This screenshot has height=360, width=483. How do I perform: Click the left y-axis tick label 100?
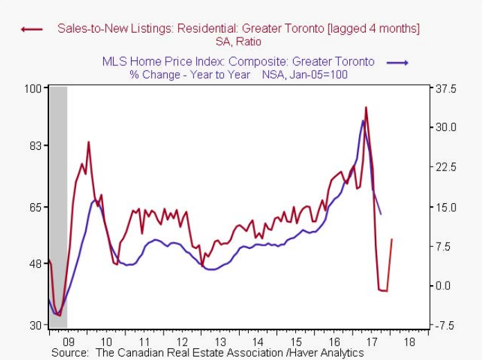point(33,89)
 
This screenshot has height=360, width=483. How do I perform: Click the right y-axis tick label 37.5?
point(444,89)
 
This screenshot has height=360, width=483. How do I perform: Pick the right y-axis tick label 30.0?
point(444,128)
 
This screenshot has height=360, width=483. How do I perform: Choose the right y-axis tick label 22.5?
point(444,167)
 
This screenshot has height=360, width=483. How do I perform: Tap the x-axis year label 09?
point(67,342)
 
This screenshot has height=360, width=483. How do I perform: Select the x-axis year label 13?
point(220,342)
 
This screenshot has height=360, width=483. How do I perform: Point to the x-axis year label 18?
point(409,342)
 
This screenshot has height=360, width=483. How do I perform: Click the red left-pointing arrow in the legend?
point(32,29)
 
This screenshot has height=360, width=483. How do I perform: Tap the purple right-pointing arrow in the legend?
point(398,62)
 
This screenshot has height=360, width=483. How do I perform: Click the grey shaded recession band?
point(58,208)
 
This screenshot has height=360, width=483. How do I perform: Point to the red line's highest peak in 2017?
point(366,108)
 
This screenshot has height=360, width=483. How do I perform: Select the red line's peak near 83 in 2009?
point(88,142)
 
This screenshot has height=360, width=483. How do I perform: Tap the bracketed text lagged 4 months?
point(374,28)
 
